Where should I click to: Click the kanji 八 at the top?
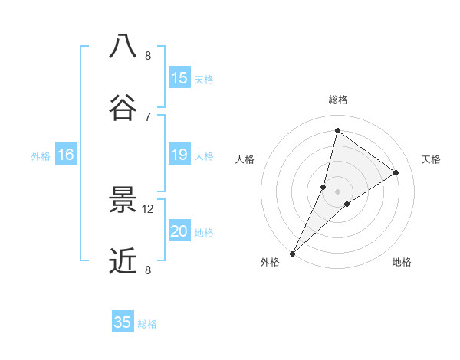coord(123,47)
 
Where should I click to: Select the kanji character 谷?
coord(123,107)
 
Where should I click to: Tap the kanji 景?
coord(123,201)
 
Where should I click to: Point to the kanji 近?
coord(123,261)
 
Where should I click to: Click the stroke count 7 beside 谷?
coord(148,116)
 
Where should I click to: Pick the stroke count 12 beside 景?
coord(148,209)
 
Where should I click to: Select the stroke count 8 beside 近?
coord(148,270)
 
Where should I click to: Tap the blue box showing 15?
coord(179,78)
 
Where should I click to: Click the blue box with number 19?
coord(179,155)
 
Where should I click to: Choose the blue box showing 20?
coord(179,232)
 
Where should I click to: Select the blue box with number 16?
coord(66,155)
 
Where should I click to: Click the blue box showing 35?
coord(123,322)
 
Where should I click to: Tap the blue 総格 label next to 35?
coord(148,324)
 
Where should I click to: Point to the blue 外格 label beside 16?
coord(41,156)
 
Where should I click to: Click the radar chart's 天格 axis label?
coord(431,159)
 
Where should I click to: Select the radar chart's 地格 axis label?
coord(402,263)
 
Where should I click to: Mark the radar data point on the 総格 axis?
coord(337,131)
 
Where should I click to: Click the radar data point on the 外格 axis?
coord(292,254)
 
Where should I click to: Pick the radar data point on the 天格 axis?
coord(396,173)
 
